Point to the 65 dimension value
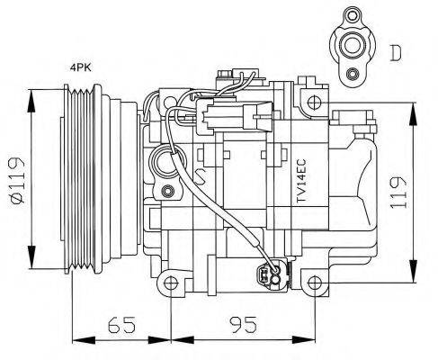coord(120,323)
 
